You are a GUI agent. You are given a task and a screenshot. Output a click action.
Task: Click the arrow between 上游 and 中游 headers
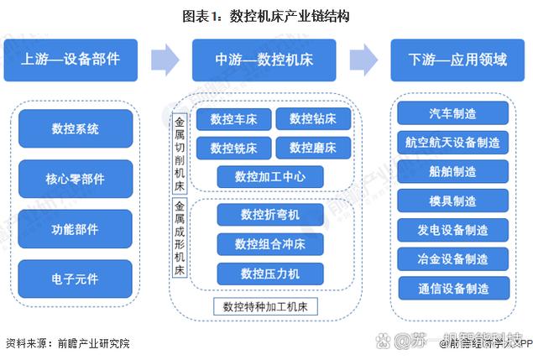[165, 59]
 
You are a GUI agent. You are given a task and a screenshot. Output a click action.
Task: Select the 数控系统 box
[75, 129]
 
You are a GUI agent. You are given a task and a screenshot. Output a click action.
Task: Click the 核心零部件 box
[75, 179]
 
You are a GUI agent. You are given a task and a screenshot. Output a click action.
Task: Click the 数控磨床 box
[312, 149]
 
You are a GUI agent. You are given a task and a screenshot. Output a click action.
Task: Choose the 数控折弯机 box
[269, 215]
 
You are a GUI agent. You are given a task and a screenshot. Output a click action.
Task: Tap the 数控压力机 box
[269, 274]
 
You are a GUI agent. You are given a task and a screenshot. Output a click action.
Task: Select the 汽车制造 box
[452, 112]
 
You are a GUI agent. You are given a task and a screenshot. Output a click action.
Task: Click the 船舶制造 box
[452, 171]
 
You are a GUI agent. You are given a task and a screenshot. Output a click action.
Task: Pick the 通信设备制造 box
[452, 288]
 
